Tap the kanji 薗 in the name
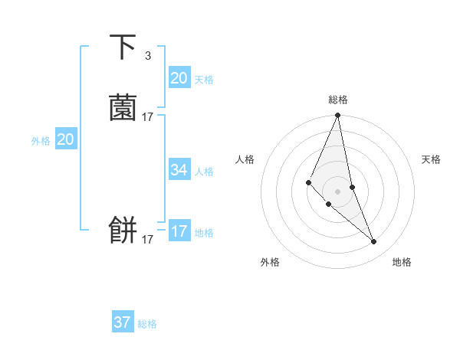[123, 108]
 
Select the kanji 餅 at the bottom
[123, 230]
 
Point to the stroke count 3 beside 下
[147, 55]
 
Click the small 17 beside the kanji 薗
[147, 117]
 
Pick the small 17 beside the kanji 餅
[147, 240]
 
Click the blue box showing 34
[179, 170]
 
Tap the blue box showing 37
[123, 322]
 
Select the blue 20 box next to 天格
[179, 78]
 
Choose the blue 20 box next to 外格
[66, 139]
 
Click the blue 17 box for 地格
[179, 231]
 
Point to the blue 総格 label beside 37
[147, 324]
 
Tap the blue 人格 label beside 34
[205, 172]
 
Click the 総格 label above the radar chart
[337, 100]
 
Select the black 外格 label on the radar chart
[270, 262]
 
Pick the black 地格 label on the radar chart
[402, 262]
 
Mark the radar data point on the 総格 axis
[337, 116]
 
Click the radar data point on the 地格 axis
[374, 242]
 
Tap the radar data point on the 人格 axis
[308, 182]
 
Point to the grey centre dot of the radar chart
[337, 191]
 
